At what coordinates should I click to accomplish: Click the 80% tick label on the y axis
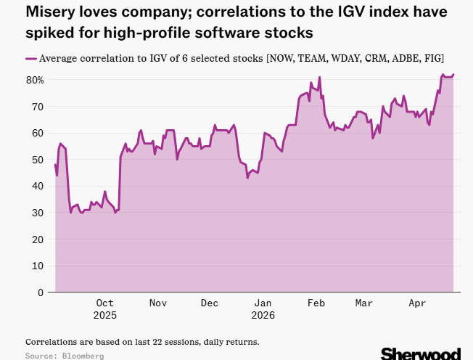point(35,80)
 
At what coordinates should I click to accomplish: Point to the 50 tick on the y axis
point(38,160)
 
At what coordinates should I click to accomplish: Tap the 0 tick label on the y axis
point(41,292)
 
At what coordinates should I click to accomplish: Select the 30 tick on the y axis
point(38,213)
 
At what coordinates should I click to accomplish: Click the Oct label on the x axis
point(104,303)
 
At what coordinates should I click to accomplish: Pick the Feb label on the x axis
point(316,303)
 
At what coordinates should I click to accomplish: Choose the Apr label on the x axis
point(416,303)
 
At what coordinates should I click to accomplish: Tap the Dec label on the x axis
point(210,303)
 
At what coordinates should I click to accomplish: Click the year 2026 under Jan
point(263,315)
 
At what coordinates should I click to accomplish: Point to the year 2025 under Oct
point(104,315)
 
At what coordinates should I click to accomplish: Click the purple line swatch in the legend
point(30,58)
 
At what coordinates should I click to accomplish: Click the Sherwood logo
point(420,353)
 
